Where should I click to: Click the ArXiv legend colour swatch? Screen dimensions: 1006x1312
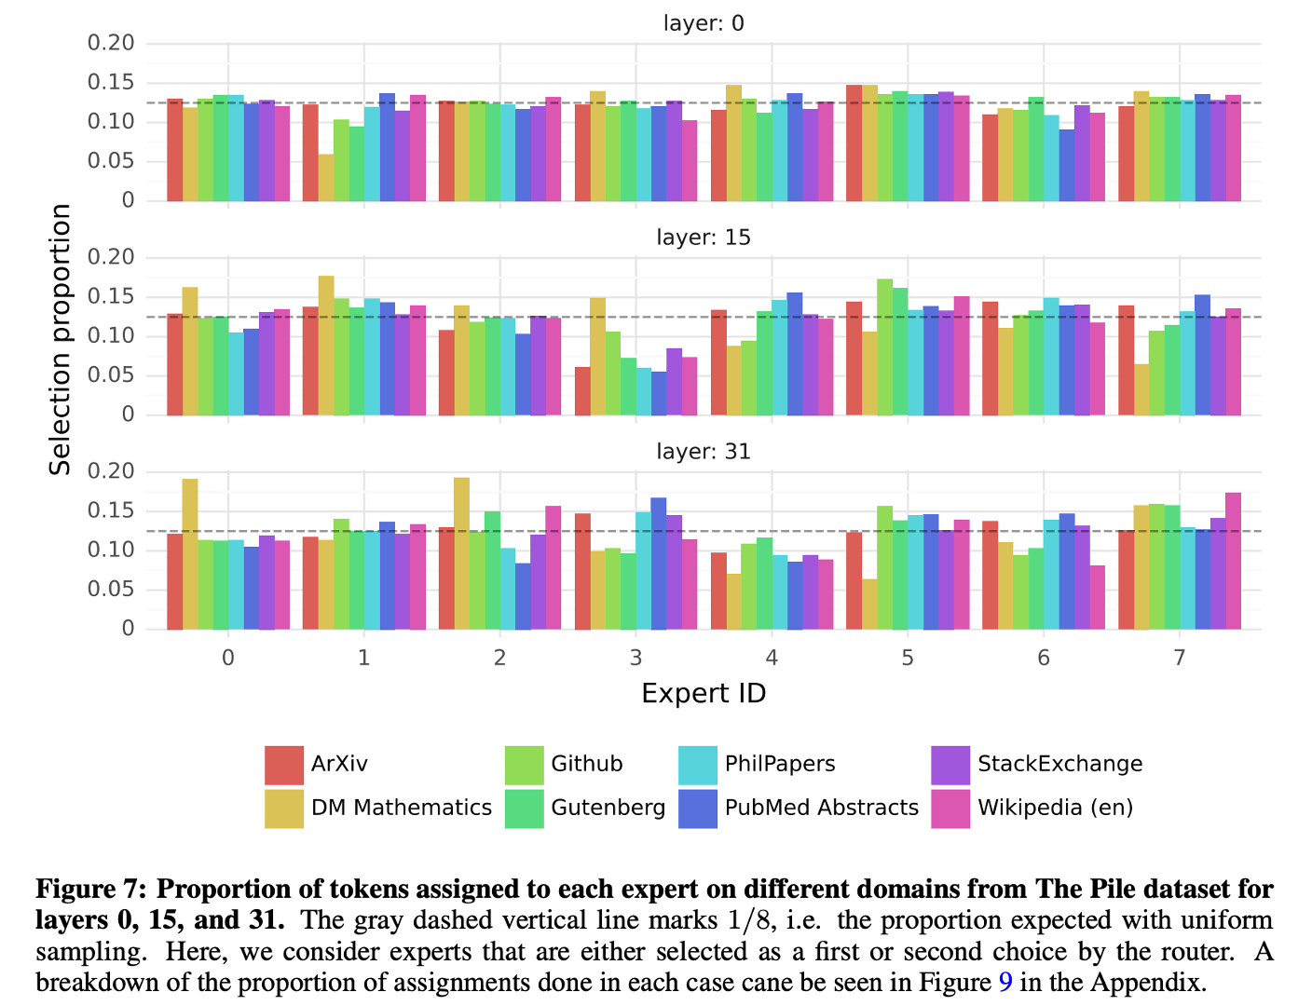click(284, 765)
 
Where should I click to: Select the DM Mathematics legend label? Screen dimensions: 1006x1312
click(401, 808)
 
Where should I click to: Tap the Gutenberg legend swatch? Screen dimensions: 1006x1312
click(524, 809)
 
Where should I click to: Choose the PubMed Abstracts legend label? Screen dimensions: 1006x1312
click(821, 808)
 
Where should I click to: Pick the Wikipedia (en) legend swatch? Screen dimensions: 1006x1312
click(950, 809)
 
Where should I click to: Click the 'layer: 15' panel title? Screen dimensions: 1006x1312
click(704, 238)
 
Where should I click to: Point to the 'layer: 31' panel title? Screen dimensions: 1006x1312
click(704, 452)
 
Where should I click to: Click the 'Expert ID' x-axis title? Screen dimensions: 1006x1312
click(704, 694)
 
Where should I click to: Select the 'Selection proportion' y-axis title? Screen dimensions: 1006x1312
click(61, 339)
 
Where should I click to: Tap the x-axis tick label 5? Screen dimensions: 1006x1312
click(908, 659)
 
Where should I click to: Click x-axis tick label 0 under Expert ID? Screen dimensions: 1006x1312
click(228, 659)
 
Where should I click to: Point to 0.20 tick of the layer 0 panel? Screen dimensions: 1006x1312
click(111, 43)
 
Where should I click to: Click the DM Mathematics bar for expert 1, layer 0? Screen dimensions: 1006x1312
click(326, 177)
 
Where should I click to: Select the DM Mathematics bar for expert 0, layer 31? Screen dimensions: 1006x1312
click(190, 554)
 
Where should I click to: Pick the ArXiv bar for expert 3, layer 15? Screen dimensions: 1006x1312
click(582, 391)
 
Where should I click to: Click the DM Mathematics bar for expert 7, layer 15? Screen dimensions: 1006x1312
click(1141, 389)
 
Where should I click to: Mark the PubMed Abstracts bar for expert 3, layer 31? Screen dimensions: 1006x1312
click(659, 564)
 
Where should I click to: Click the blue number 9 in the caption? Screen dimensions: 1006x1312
click(1004, 983)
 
